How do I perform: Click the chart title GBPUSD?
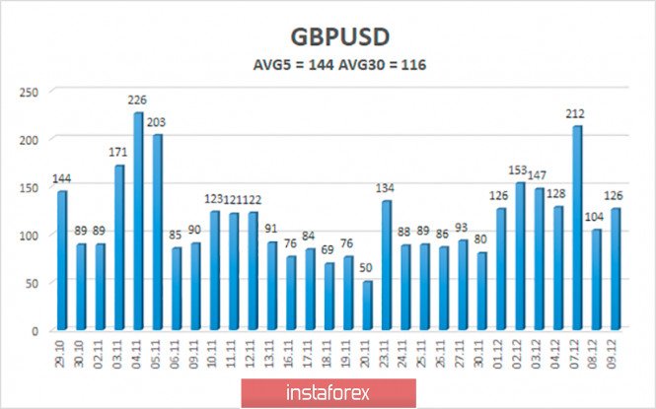coord(327,36)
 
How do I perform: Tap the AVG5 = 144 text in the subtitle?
coord(291,67)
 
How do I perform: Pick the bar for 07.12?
coord(577,229)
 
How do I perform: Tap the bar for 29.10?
coord(62,261)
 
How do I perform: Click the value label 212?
coord(577,114)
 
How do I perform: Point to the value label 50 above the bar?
coord(367,269)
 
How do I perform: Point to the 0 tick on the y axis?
coord(36,330)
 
